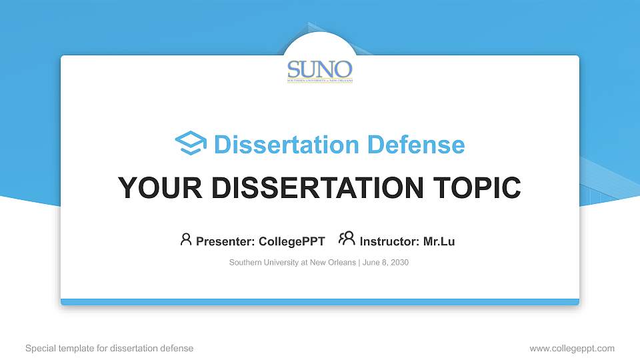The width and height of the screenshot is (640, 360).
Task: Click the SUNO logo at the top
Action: (320, 70)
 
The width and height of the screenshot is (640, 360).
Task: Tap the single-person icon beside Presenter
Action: (186, 240)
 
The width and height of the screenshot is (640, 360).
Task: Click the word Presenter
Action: (219, 241)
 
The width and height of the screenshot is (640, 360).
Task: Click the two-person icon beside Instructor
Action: (347, 239)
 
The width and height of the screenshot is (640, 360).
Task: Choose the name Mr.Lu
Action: (439, 241)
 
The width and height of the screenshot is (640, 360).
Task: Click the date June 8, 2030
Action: (386, 263)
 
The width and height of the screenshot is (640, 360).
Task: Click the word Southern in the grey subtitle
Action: (246, 263)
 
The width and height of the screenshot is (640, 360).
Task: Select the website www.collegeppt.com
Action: (572, 348)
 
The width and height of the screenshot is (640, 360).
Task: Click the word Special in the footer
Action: (40, 348)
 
